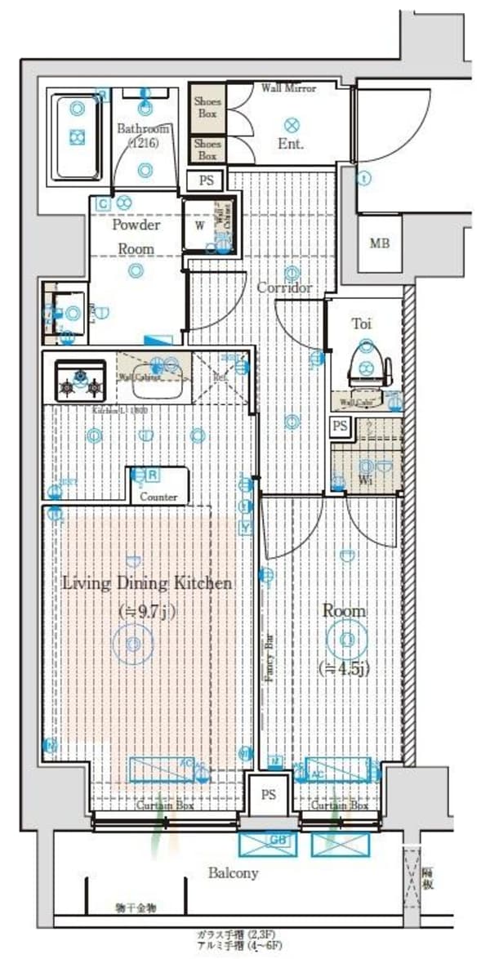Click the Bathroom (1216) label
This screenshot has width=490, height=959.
143,136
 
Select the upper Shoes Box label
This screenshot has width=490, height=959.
207,107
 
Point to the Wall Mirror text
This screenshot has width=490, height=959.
288,88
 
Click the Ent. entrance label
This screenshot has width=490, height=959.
291,145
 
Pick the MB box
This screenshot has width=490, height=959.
380,243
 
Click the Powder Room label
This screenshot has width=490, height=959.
136,236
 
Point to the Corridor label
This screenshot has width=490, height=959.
284,288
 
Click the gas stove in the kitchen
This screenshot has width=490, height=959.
80,381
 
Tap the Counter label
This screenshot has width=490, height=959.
158,497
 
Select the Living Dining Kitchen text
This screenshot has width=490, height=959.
148,583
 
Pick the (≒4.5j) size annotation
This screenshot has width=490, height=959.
344,667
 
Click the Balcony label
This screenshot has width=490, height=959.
233,872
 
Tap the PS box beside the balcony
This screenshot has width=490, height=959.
268,794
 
